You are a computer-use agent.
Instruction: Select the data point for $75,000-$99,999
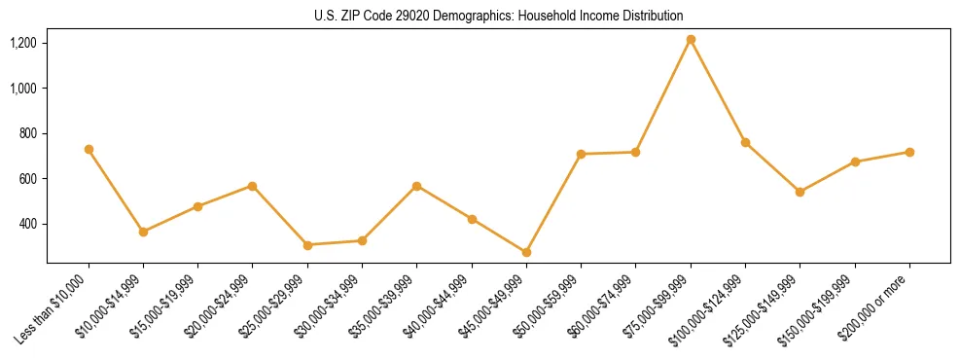click(x=691, y=40)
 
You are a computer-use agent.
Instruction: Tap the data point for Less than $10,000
click(x=89, y=150)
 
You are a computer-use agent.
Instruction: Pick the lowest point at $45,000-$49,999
click(x=526, y=252)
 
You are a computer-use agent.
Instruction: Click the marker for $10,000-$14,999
click(x=143, y=232)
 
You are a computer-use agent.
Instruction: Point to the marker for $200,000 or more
click(x=909, y=152)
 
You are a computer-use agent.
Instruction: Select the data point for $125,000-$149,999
click(x=800, y=192)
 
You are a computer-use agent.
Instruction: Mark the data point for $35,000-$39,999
click(x=416, y=186)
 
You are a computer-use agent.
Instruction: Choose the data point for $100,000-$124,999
click(x=745, y=142)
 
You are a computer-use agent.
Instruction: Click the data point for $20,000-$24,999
click(x=252, y=186)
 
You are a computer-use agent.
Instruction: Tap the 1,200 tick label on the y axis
click(x=23, y=43)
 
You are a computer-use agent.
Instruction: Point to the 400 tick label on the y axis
click(x=28, y=224)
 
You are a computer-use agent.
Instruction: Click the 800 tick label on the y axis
click(x=28, y=133)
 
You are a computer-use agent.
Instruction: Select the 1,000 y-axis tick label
click(x=23, y=88)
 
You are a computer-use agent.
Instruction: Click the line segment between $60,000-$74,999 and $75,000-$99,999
click(x=662, y=96)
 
